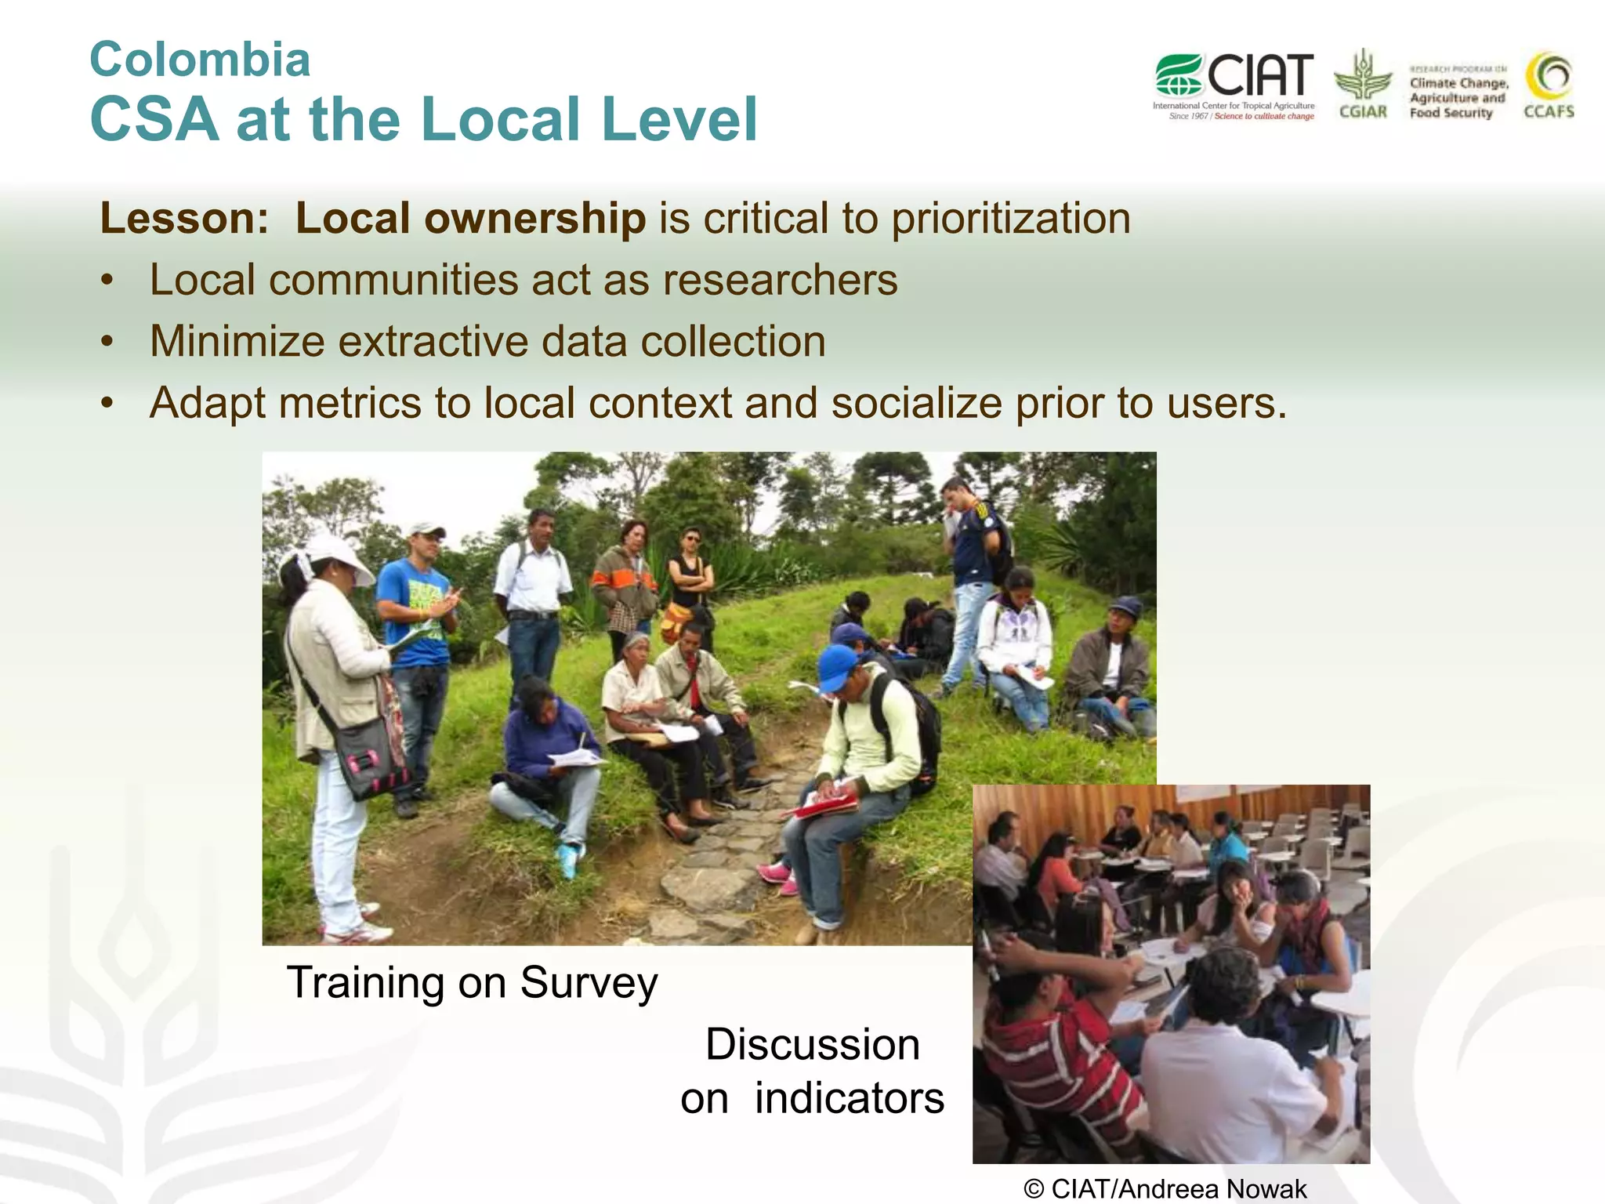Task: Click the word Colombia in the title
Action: point(200,60)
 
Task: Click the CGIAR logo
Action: point(1363,85)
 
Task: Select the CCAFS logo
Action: point(1549,85)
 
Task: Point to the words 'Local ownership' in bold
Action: point(470,218)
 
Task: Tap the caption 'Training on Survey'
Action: point(472,982)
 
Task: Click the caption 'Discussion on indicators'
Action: point(813,1071)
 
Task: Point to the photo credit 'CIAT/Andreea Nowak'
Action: point(1165,1188)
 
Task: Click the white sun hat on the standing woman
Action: point(339,555)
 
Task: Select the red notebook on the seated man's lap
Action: point(828,803)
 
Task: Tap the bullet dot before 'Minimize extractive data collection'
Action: point(107,343)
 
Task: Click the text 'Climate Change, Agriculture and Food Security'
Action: point(1458,98)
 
